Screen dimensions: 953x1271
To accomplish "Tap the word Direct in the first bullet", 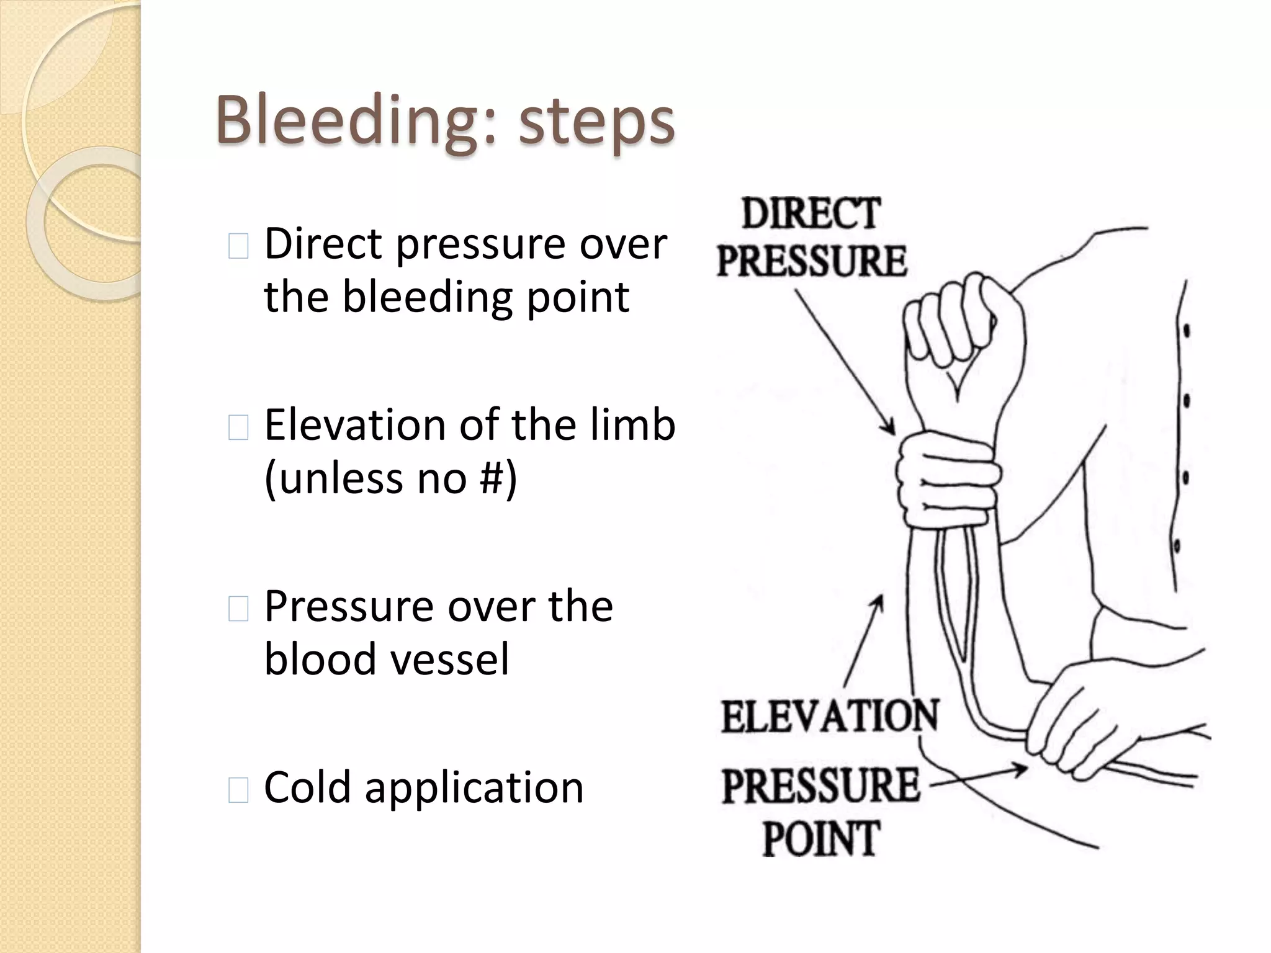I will click(x=323, y=243).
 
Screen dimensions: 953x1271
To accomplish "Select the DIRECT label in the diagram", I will click(x=811, y=213).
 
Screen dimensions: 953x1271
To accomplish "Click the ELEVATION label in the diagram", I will click(x=830, y=716).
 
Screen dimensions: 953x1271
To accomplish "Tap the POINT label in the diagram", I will click(x=820, y=838).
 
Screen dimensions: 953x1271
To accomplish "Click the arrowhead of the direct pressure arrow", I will click(x=892, y=431).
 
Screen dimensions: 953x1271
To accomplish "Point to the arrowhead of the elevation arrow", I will click(x=879, y=600).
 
